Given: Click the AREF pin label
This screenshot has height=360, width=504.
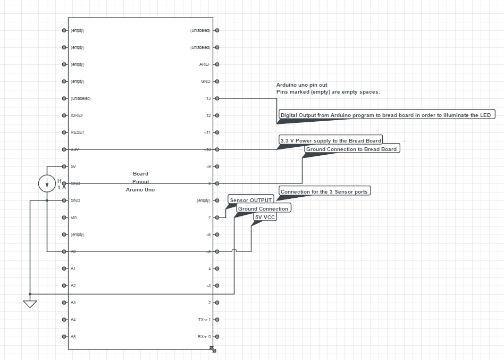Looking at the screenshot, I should pyautogui.click(x=205, y=64).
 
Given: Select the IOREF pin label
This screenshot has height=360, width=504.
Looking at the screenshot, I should pyautogui.click(x=77, y=115).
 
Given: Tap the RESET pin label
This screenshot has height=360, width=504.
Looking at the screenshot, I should pyautogui.click(x=78, y=132).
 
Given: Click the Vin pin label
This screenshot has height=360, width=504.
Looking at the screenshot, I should pyautogui.click(x=74, y=217).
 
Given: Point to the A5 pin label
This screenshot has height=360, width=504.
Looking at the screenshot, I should pyautogui.click(x=73, y=337).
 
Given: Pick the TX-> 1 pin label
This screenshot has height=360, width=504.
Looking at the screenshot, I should pyautogui.click(x=204, y=320).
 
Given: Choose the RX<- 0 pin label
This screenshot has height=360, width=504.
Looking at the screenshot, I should pyautogui.click(x=204, y=337).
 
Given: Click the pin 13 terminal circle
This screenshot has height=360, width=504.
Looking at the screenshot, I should pyautogui.click(x=217, y=98).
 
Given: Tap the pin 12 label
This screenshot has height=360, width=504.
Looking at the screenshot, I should pyautogui.click(x=208, y=115).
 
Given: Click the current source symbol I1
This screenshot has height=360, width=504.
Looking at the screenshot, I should pyautogui.click(x=47, y=183).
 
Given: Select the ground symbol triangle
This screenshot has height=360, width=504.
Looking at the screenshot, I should pyautogui.click(x=30, y=304).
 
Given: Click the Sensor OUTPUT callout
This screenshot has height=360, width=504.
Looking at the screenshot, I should pyautogui.click(x=251, y=200).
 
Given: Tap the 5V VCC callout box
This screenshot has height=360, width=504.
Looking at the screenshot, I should pyautogui.click(x=265, y=217).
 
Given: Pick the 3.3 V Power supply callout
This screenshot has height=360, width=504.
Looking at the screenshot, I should pyautogui.click(x=331, y=140).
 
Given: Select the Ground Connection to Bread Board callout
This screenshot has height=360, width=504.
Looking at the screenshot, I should pyautogui.click(x=351, y=149).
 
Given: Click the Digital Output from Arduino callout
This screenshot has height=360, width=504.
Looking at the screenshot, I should pyautogui.click(x=388, y=115).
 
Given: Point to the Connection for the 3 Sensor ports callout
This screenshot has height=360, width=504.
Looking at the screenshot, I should pyautogui.click(x=324, y=191).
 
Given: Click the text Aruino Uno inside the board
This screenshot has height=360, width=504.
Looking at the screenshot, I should pyautogui.click(x=140, y=189).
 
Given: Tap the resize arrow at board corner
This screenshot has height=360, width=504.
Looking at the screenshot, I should pyautogui.click(x=213, y=349).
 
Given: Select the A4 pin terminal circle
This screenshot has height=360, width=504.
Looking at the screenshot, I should pyautogui.click(x=64, y=320).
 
